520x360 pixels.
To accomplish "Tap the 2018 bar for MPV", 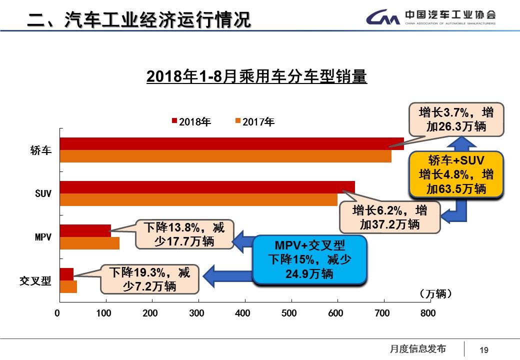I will click(x=85, y=230).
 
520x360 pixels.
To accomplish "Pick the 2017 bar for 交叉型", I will click(x=68, y=286).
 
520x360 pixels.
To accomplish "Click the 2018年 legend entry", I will click(x=191, y=121).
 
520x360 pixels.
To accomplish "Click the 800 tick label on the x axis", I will click(x=428, y=313).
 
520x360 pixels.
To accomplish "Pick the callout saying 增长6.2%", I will click(x=389, y=216).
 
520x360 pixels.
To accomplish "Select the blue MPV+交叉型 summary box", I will click(x=309, y=259).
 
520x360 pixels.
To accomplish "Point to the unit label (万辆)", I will click(x=435, y=294).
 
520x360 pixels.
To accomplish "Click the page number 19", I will click(x=483, y=350).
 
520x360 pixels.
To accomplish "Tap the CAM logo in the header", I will click(x=382, y=18).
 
